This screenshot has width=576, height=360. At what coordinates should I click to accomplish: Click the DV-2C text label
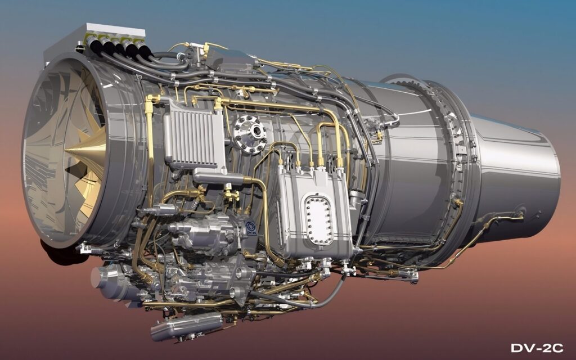[x=537, y=348]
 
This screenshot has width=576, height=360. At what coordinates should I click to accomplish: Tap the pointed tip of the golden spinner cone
[x=65, y=151]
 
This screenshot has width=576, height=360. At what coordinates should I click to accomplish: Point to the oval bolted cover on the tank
[x=319, y=220]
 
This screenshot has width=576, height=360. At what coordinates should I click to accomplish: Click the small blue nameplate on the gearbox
[x=251, y=228]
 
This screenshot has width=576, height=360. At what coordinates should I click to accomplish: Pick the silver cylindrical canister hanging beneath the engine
[x=187, y=326]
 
